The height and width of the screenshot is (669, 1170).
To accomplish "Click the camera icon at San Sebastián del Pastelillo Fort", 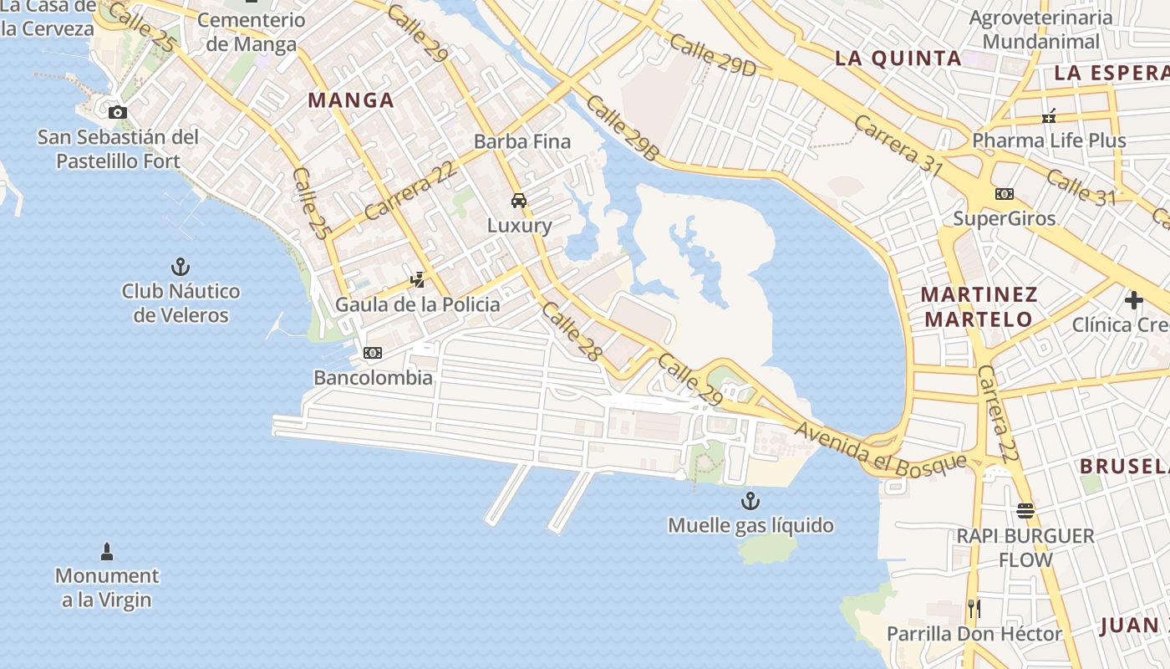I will click(118, 112).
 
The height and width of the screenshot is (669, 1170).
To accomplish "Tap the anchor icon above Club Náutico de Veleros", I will click(181, 267).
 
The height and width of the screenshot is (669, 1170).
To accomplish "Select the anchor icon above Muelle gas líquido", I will click(750, 501).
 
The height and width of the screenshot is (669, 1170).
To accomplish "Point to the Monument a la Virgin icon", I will click(107, 551).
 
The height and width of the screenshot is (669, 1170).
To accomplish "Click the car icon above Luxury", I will click(519, 201).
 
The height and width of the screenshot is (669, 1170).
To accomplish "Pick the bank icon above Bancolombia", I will click(373, 353).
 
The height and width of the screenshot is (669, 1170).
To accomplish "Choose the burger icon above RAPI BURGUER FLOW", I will click(1025, 510).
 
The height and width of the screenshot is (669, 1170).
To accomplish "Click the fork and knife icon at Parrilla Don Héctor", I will click(974, 608).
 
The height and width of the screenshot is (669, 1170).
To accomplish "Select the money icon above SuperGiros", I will click(1005, 194).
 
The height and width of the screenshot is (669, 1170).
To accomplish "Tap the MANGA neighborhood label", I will click(351, 100).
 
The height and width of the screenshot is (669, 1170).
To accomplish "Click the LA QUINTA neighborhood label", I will click(899, 59).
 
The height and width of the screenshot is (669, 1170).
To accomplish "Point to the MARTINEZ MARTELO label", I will click(979, 307).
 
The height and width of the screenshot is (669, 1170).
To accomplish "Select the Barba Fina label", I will click(522, 141).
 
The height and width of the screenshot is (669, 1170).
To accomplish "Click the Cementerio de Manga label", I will click(251, 32).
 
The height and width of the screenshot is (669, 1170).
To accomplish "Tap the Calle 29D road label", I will click(712, 56).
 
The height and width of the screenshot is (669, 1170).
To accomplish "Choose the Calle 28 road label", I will click(572, 331).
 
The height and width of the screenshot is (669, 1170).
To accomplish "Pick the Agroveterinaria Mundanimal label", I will click(1040, 29).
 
